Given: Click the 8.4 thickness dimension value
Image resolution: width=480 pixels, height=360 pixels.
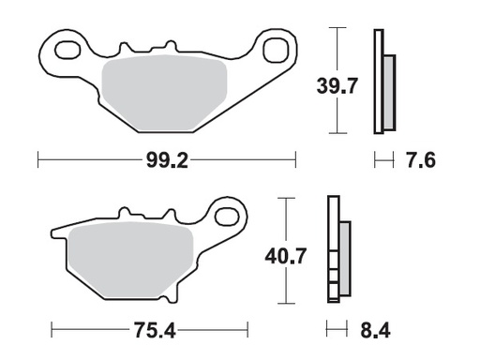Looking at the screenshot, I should pos(375,330).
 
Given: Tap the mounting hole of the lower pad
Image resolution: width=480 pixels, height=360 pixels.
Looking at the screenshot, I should pos(225,217).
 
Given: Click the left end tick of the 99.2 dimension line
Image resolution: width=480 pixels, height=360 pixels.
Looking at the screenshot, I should pos(37,161).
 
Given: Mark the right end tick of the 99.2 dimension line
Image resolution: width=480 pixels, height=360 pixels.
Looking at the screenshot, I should pos(295,161).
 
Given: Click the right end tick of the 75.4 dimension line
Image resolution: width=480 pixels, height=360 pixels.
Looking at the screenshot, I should pos(248,330).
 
